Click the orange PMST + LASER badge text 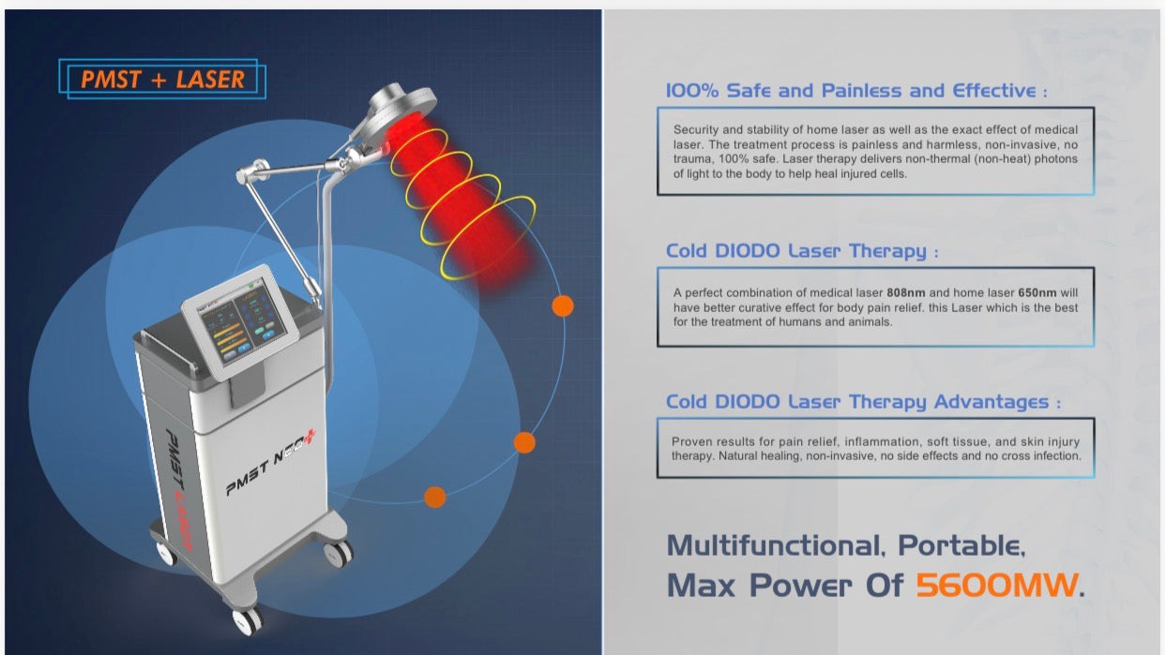click(x=163, y=80)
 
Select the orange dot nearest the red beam click(x=562, y=305)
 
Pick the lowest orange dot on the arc click(x=435, y=497)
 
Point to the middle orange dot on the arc click(x=524, y=442)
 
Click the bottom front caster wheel click(x=248, y=620)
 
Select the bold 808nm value click(x=905, y=292)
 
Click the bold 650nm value click(x=1037, y=292)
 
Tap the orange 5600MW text click(x=996, y=585)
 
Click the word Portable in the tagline click(x=961, y=545)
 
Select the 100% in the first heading click(x=691, y=91)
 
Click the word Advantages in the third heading click(x=991, y=402)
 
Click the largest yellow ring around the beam click(x=488, y=238)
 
